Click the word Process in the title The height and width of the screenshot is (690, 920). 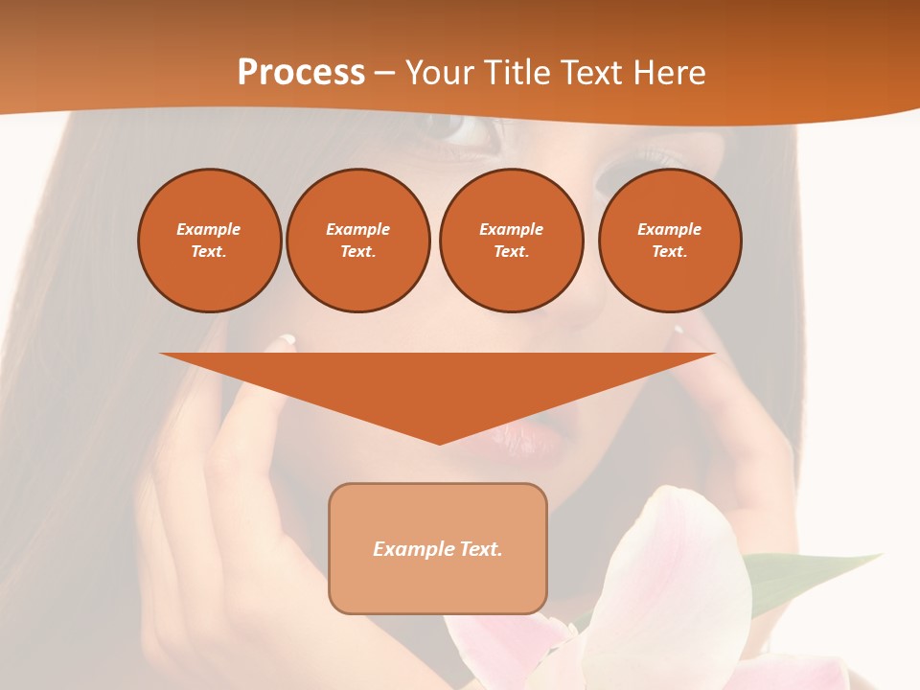[x=301, y=73]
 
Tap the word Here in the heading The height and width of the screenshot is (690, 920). [x=669, y=73]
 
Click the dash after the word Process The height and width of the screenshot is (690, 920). [x=384, y=74]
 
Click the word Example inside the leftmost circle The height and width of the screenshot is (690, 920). [x=208, y=229]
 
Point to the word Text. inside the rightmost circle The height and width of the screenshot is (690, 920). [x=669, y=251]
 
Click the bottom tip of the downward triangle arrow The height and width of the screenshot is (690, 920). [x=439, y=443]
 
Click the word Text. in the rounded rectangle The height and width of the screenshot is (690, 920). [x=482, y=549]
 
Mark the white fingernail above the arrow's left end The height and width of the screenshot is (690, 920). [x=287, y=339]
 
